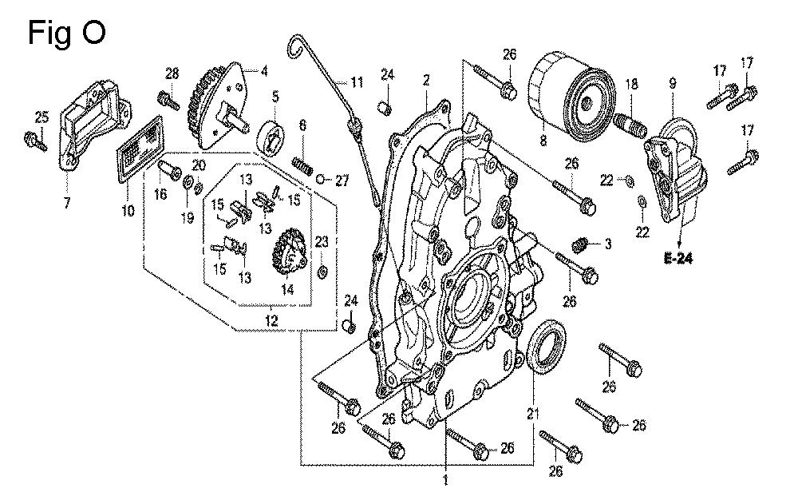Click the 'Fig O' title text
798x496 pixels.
(66, 34)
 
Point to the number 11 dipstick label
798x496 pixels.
(355, 81)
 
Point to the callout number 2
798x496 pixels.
(427, 80)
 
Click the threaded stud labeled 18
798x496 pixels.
(630, 124)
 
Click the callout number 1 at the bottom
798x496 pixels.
(445, 481)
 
